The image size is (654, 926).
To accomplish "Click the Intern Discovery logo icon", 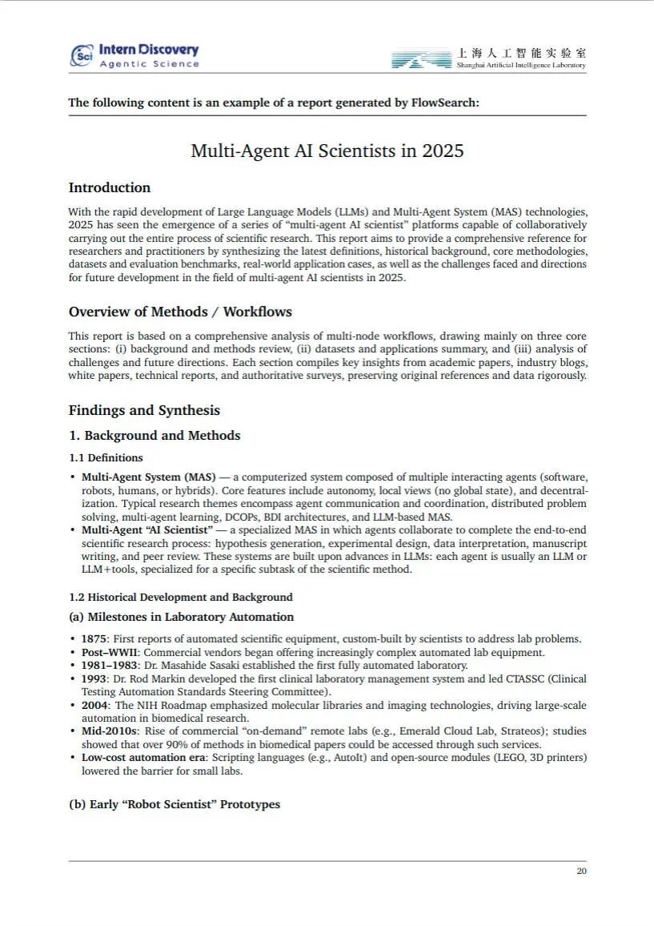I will pos(82,54).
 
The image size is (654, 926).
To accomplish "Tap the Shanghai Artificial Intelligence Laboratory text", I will pos(521,65).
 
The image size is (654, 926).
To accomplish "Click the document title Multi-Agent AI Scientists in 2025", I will pos(327,151).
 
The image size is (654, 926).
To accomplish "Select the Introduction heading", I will pos(110,187).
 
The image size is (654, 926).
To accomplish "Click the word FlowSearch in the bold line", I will pos(445,103).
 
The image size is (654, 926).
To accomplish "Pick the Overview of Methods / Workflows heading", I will pos(180,312).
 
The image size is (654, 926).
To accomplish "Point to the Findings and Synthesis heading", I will pos(144,410).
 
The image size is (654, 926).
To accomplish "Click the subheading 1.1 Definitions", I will pos(106,457).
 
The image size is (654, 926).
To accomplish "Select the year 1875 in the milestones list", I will pos(94,638).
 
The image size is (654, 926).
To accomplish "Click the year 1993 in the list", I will pos(94,678).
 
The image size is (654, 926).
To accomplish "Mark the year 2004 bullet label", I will pos(95,705).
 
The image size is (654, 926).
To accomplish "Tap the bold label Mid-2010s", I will pos(110,731).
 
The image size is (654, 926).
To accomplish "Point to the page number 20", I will pos(581,871).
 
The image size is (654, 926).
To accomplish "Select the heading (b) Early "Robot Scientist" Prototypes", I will pos(175,803).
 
